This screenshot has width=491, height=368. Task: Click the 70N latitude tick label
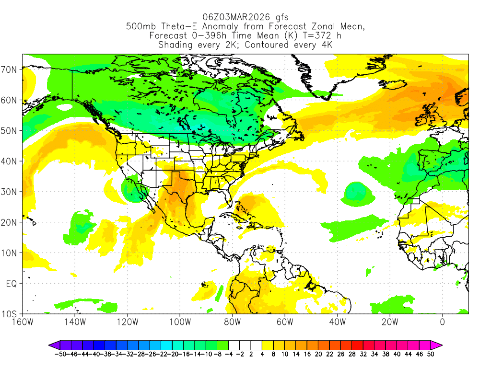[10, 69]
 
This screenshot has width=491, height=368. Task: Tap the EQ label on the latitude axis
[12, 284]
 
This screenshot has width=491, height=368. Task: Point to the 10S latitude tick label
[10, 314]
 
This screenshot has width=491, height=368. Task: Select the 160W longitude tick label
[22, 322]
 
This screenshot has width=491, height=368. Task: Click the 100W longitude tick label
[179, 322]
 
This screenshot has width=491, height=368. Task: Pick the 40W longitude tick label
[337, 322]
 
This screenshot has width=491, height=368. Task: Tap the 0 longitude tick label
[442, 322]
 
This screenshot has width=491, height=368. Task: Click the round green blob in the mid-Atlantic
[355, 193]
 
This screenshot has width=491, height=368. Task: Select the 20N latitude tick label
[10, 222]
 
